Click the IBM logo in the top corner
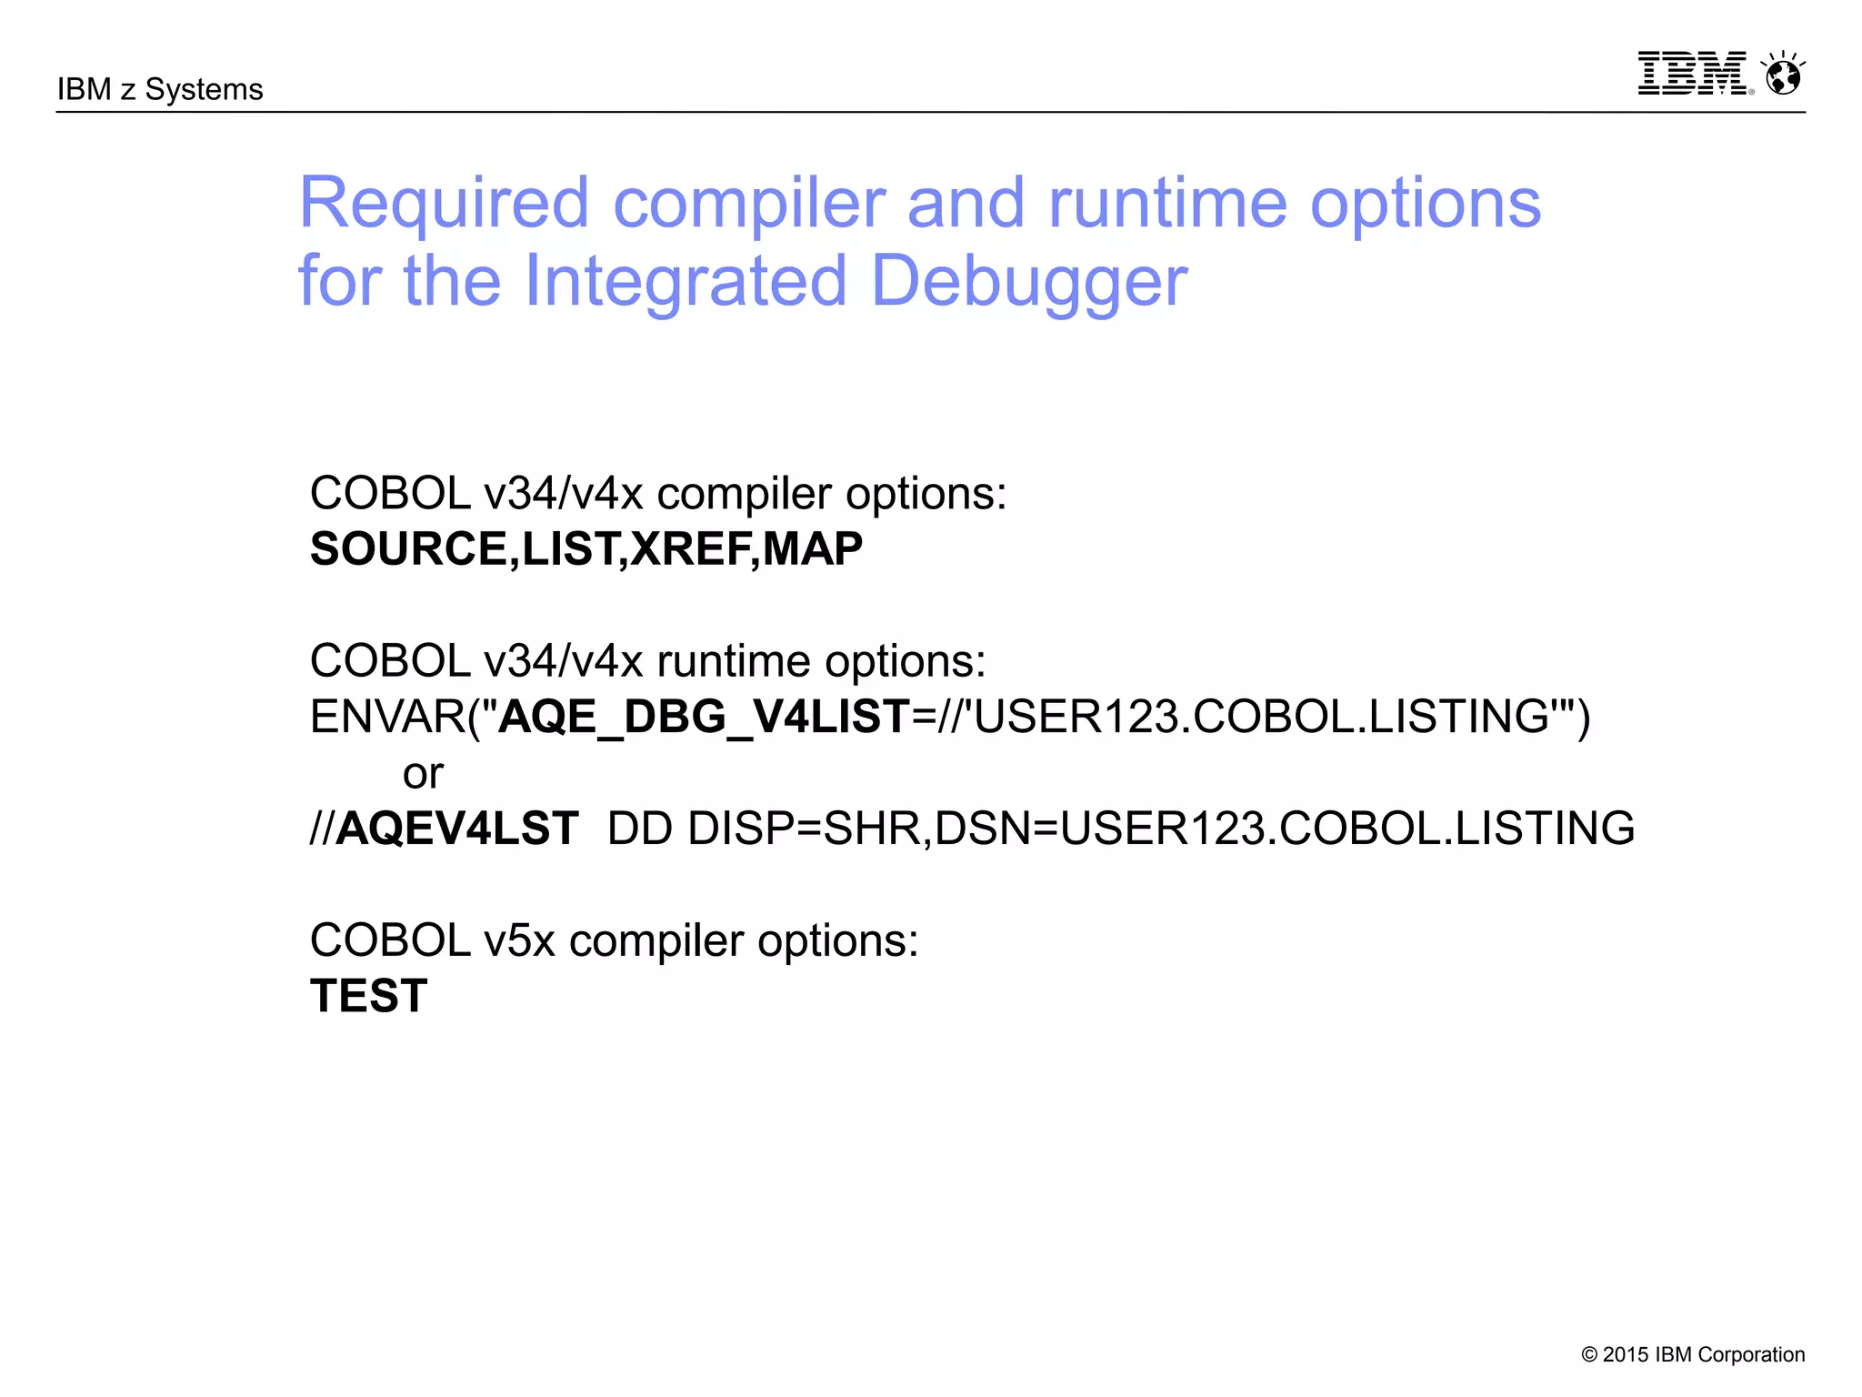coord(1692,73)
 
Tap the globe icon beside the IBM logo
coord(1783,74)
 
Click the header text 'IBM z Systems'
coord(160,89)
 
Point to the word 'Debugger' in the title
coord(1029,280)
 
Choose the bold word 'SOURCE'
coord(408,548)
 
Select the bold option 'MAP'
coord(813,548)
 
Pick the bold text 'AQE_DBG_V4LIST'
coord(705,717)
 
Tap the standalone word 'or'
coord(423,774)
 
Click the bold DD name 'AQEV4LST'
coord(457,829)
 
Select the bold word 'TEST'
coord(368,996)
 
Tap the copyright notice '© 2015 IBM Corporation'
coord(1693,1354)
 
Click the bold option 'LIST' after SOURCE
coord(569,548)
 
